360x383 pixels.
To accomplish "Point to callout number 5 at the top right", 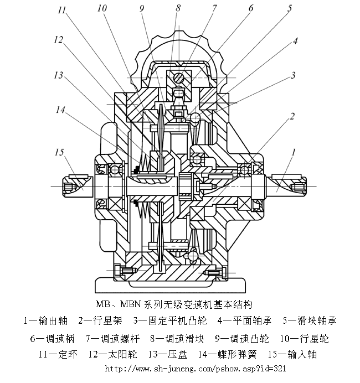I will [x=289, y=9].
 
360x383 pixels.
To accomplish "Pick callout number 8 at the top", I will [x=178, y=8].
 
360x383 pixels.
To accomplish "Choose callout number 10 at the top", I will [x=101, y=8].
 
